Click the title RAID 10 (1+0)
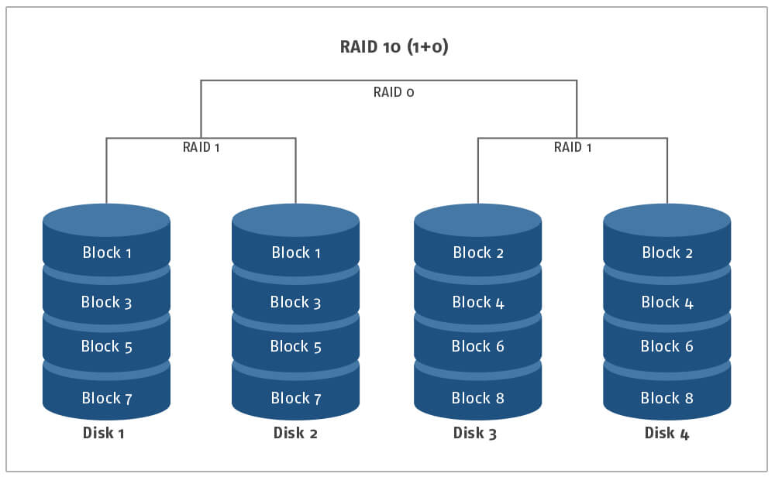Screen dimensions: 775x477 tap(394, 47)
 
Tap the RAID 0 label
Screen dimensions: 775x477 tap(394, 92)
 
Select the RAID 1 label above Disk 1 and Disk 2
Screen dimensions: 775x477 tap(201, 147)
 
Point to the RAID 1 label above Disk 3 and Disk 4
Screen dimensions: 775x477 tap(573, 147)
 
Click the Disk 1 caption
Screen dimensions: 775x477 tap(103, 433)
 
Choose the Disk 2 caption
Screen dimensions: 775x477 tap(295, 433)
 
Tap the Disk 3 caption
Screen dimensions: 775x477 tap(474, 433)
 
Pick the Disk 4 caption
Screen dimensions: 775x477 tap(666, 433)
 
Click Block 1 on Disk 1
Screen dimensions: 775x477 tap(107, 252)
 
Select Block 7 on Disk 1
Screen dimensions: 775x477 tap(107, 398)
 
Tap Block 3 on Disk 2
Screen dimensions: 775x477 tap(295, 302)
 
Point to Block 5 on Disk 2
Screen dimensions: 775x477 tap(295, 347)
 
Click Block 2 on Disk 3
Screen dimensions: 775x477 tap(478, 252)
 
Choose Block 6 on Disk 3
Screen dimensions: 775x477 tap(478, 347)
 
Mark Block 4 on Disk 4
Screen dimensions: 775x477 tap(667, 302)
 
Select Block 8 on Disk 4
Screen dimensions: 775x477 tap(666, 398)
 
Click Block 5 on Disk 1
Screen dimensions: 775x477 tap(107, 347)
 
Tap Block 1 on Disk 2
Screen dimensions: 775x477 tap(296, 252)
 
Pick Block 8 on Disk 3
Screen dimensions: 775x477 tap(478, 398)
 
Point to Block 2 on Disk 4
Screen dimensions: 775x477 tap(667, 252)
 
